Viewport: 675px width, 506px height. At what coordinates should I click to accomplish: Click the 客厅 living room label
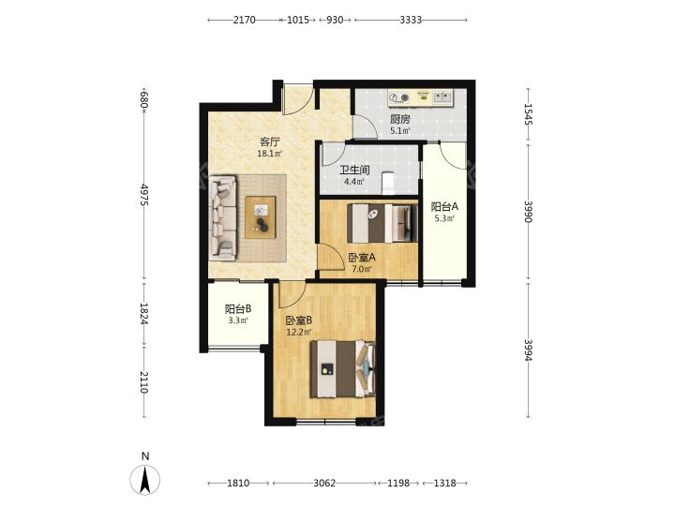coord(270,141)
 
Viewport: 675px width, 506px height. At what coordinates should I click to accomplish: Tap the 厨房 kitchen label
coord(400,119)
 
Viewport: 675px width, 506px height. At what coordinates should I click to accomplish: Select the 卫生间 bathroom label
coord(354,171)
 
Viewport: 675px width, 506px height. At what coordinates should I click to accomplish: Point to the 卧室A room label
coord(362,258)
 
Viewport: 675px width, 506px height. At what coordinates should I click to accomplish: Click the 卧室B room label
coord(299,320)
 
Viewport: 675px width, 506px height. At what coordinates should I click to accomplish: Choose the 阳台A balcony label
coord(444,206)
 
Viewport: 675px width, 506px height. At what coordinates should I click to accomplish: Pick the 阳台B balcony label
coord(238,309)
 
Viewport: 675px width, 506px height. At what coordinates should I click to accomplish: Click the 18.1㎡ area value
coord(269,153)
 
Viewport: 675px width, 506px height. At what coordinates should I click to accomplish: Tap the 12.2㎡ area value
coord(299,332)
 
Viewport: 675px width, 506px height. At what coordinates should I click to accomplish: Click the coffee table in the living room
coord(261,217)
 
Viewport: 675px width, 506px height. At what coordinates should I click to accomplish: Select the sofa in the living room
coord(223,217)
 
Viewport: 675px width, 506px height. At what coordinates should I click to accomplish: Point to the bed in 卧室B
coord(343,369)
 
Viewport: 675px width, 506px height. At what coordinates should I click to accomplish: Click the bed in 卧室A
coord(382,223)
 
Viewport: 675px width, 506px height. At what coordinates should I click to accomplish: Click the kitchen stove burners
coord(398,98)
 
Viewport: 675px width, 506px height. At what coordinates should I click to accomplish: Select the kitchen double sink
coord(442,97)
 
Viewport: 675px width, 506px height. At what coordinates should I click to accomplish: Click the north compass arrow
coord(145,479)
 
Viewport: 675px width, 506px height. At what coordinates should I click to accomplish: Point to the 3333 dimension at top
coord(411,20)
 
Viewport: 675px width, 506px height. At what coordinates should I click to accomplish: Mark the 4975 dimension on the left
coord(144,195)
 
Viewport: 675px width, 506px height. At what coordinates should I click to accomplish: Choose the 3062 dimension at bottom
coord(324,484)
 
